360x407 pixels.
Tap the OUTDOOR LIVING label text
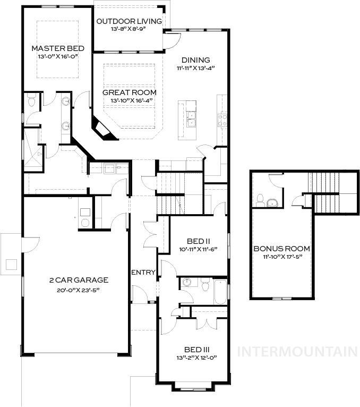click(x=129, y=22)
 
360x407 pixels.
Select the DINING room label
click(x=195, y=60)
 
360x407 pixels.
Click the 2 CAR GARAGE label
click(x=79, y=280)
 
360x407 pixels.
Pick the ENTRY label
click(x=143, y=273)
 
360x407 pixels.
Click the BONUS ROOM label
click(x=281, y=249)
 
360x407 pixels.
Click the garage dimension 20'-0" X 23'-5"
click(x=79, y=290)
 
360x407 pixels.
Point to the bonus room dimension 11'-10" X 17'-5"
click(x=281, y=257)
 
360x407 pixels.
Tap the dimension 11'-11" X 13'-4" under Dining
click(x=195, y=68)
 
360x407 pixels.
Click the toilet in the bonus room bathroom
click(x=260, y=200)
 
